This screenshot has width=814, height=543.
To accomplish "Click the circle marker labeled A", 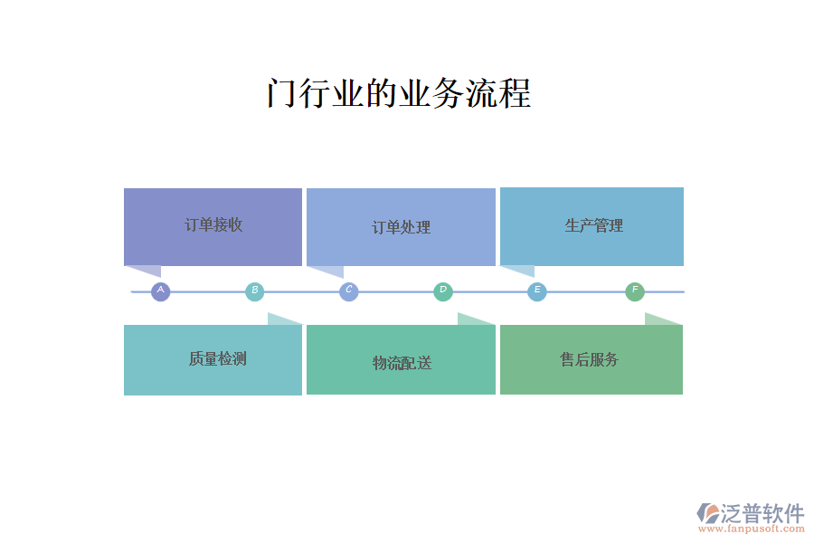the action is pyautogui.click(x=160, y=291).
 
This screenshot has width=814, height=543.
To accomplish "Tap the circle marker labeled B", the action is pyautogui.click(x=254, y=291).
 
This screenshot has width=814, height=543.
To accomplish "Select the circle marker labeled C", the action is pyautogui.click(x=349, y=291).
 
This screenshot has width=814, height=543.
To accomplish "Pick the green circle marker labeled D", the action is pyautogui.click(x=443, y=291).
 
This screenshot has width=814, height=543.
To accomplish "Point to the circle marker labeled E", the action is pyautogui.click(x=536, y=291).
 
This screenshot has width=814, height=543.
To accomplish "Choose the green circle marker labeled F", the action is pyautogui.click(x=634, y=291).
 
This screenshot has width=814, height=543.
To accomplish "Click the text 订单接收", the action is pyautogui.click(x=213, y=224).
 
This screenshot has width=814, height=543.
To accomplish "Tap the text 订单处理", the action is pyautogui.click(x=402, y=227).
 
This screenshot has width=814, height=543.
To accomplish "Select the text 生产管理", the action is pyautogui.click(x=594, y=225).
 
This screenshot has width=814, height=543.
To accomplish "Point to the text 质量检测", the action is pyautogui.click(x=217, y=358).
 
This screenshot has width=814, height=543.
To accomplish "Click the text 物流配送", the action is pyautogui.click(x=402, y=363).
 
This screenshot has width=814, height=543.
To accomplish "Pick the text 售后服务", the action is pyautogui.click(x=589, y=359).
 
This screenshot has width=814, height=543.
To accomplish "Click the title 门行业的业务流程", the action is pyautogui.click(x=399, y=93).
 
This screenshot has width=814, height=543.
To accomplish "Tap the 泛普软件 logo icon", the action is pyautogui.click(x=708, y=513).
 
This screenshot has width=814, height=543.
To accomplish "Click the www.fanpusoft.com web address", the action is pyautogui.click(x=752, y=529).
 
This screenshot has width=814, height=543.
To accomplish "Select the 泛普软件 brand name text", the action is pyautogui.click(x=762, y=513).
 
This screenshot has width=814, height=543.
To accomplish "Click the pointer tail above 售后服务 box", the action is pyautogui.click(x=660, y=319).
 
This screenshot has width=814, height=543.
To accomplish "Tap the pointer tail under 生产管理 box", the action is pyautogui.click(x=521, y=271).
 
